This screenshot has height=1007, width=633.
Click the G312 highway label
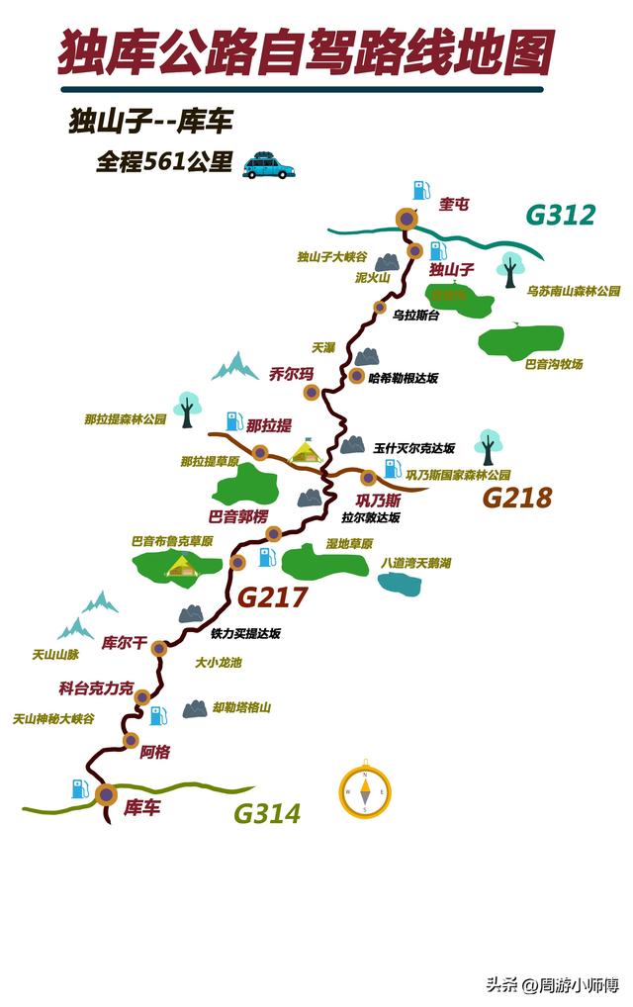pyautogui.click(x=560, y=215)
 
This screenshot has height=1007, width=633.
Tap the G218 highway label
pyautogui.click(x=516, y=498)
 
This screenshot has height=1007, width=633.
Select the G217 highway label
pyautogui.click(x=273, y=597)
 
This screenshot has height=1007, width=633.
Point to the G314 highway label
pyautogui.click(x=267, y=814)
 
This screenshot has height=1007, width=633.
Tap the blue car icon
pyautogui.click(x=268, y=166)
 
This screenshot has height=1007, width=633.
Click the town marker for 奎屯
pyautogui.click(x=407, y=219)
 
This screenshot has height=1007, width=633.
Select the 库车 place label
pyautogui.click(x=142, y=807)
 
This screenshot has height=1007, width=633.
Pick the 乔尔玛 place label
pyautogui.click(x=291, y=374)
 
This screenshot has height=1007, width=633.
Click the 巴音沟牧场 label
pyautogui.click(x=554, y=364)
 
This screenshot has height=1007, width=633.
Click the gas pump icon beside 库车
pyautogui.click(x=78, y=788)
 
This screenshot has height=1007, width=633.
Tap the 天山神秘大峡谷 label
pyautogui.click(x=53, y=719)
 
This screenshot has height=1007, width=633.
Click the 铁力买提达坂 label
pyautogui.click(x=246, y=633)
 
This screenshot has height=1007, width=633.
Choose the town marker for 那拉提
pyautogui.click(x=260, y=452)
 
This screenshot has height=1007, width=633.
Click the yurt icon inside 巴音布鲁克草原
pyautogui.click(x=181, y=565)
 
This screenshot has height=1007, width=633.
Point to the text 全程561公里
pyautogui.click(x=163, y=163)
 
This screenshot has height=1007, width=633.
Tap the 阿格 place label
pyautogui.click(x=155, y=752)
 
